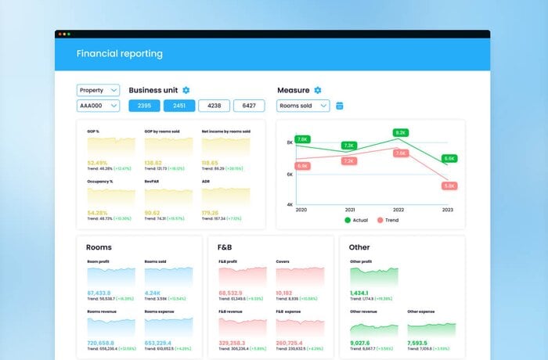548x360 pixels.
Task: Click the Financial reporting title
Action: (119, 54)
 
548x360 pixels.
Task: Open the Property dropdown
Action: (98, 91)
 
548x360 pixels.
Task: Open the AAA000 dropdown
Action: (98, 106)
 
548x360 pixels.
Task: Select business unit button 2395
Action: (144, 106)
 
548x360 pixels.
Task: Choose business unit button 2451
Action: (179, 106)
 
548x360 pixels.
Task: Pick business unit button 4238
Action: (214, 106)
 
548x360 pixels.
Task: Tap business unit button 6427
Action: (249, 106)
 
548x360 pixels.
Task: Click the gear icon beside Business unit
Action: (186, 91)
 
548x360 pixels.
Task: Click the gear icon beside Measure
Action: (318, 91)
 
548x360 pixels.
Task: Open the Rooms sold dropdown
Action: (303, 106)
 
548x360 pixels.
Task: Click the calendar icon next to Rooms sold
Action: (340, 106)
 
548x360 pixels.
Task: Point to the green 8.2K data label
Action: (401, 133)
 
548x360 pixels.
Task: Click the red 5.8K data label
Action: (449, 186)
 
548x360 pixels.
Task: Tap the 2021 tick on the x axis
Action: (348, 210)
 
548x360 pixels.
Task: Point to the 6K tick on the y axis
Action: (289, 175)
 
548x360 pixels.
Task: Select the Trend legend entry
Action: (388, 220)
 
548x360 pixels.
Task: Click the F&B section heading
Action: (225, 247)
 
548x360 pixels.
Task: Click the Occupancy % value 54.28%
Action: (98, 212)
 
